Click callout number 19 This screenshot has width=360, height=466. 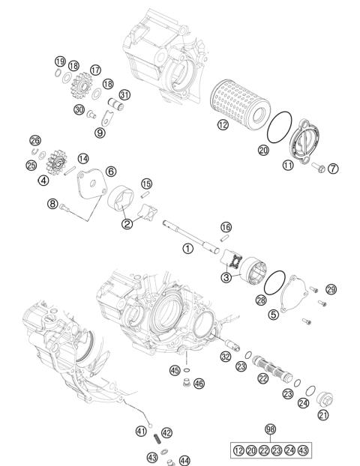click(x=59, y=61)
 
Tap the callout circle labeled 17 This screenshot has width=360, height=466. click(x=95, y=70)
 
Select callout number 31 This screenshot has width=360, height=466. click(x=124, y=94)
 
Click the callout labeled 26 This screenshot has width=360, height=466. click(x=34, y=140)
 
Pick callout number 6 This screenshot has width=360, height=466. click(x=110, y=171)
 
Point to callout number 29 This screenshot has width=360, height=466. click(x=331, y=288)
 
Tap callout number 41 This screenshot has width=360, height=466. click(x=140, y=430)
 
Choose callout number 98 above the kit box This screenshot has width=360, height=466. click(x=270, y=429)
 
